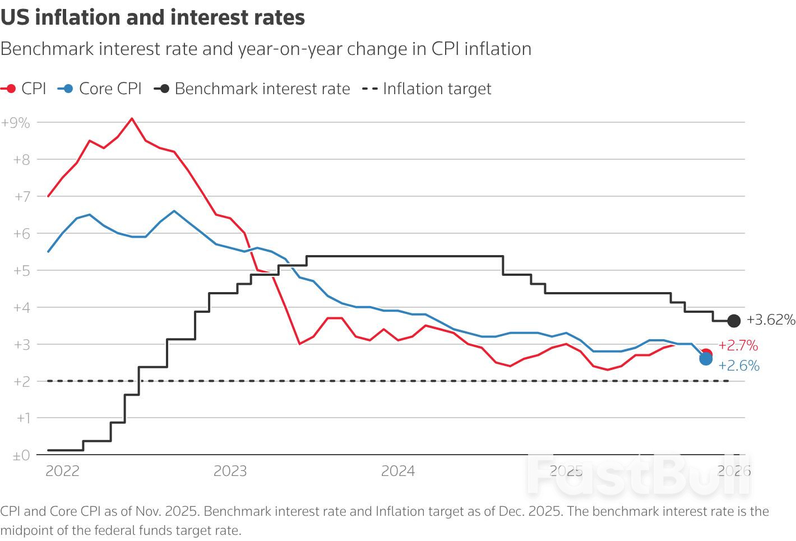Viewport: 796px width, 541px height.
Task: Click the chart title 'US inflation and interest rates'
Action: pos(152,17)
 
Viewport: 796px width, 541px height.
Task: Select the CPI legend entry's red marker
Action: pos(10,89)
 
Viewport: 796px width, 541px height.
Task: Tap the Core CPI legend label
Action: pos(110,89)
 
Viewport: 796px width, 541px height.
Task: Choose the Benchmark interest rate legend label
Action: pos(262,89)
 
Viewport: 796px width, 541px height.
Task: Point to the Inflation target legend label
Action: pos(437,89)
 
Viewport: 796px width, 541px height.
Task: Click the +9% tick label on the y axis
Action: pos(16,123)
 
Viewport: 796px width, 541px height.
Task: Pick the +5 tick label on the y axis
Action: pos(21,270)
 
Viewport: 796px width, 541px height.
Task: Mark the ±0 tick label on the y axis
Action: pos(21,456)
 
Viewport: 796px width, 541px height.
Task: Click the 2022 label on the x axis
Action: pos(62,471)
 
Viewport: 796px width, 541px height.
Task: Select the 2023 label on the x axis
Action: pos(230,471)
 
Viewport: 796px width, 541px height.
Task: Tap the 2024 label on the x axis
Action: pos(397,471)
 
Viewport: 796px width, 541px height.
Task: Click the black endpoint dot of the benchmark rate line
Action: pos(734,321)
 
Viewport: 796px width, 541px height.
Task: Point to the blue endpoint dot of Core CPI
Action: pos(706,359)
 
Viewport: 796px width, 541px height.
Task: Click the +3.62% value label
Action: pos(771,320)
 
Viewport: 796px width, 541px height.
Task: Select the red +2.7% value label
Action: pos(738,345)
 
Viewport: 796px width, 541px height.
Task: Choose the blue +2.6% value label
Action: pos(739,366)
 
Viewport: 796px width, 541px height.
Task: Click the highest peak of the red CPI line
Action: pos(132,118)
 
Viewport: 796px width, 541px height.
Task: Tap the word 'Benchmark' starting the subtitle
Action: pos(47,49)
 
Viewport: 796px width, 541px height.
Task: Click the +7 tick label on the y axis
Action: pos(21,197)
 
